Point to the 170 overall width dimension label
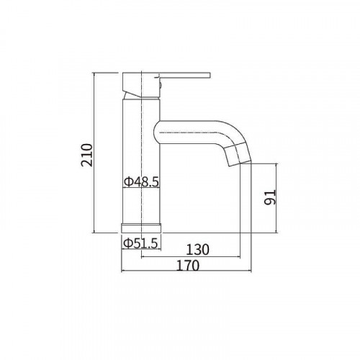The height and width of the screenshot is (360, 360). pyautogui.click(x=188, y=265)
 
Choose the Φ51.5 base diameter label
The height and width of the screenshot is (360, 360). pyautogui.click(x=141, y=243)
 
